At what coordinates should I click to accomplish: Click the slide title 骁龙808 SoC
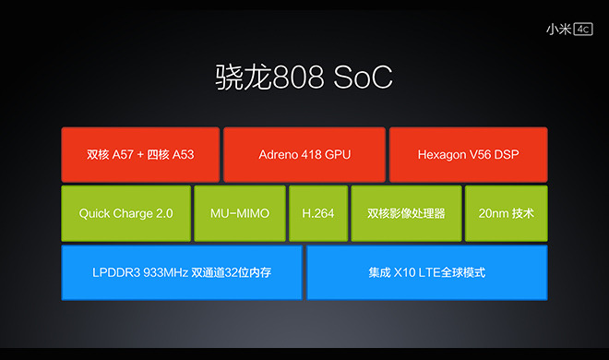pos(304,78)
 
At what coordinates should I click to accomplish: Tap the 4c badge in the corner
pos(582,29)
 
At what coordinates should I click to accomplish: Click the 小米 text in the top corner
pos(557,29)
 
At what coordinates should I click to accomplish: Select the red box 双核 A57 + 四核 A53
pos(140,154)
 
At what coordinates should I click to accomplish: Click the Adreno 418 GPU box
pos(304,154)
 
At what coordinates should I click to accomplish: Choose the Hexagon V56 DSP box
pos(468,154)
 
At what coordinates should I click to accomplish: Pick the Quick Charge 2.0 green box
pos(125,213)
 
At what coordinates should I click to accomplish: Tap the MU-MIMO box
pos(239,213)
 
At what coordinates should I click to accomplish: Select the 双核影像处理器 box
pos(405,213)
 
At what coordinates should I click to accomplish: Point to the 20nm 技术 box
pos(506,213)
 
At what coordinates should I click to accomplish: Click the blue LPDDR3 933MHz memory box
pos(182,272)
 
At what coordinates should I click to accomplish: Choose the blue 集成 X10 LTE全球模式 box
pos(426,272)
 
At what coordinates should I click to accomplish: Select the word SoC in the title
pos(365,78)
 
